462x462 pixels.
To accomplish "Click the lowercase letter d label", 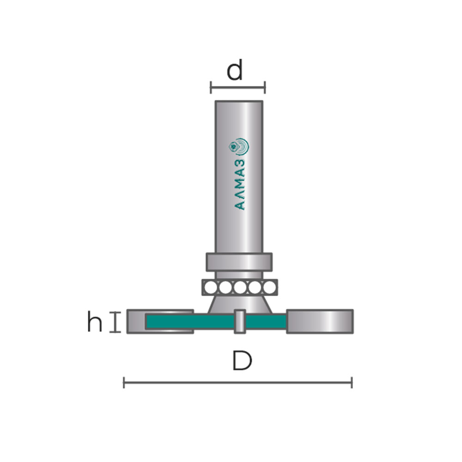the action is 235,70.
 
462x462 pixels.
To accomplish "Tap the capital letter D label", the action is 242,360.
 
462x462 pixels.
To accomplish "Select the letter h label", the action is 95,322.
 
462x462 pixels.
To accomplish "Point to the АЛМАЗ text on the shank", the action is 240,184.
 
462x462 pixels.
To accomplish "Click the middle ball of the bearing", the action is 240,287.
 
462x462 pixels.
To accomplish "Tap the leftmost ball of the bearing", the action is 210,287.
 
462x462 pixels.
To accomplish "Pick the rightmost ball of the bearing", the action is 269,287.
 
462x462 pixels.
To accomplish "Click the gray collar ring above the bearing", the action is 239,262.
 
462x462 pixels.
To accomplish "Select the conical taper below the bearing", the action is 240,304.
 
